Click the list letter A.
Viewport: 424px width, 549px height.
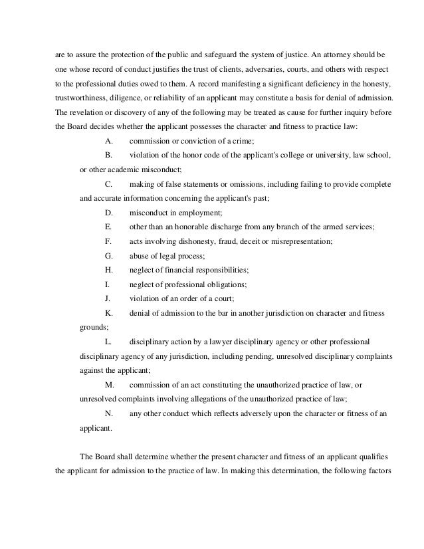click(109, 141)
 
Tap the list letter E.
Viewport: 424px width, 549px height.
click(108, 227)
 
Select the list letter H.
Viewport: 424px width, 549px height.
click(109, 270)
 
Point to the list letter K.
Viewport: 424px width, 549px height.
click(109, 312)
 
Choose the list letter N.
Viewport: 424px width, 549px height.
click(109, 413)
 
